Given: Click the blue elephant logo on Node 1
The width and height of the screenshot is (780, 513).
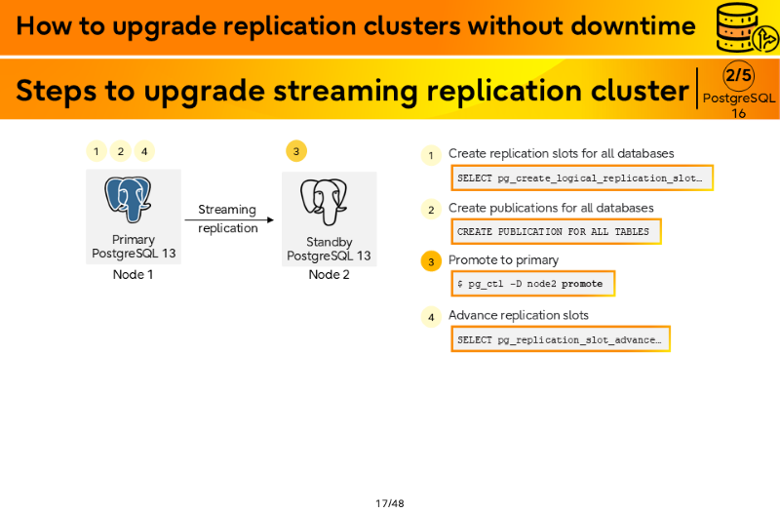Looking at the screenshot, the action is tap(128, 199).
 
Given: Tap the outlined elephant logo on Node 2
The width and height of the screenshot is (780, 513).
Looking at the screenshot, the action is tap(324, 202).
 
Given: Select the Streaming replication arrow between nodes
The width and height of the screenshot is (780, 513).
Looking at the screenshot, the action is tap(229, 219).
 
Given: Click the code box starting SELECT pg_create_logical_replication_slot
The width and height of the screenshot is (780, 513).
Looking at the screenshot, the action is tap(582, 178).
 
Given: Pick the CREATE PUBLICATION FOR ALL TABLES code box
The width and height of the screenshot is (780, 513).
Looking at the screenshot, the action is tap(556, 232).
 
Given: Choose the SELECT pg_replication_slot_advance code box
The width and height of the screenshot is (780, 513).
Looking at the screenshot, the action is tap(561, 339).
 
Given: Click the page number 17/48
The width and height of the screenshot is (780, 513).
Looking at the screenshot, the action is tap(390, 503).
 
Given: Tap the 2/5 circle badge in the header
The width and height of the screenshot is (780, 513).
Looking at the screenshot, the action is tap(738, 76).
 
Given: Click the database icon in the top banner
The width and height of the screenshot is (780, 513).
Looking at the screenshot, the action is tap(746, 28).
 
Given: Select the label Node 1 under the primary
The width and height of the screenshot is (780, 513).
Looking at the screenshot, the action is tap(133, 275).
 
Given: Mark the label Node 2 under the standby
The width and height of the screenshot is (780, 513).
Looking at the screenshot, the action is tap(329, 275).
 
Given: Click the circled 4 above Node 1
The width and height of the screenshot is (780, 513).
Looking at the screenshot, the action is tap(144, 151).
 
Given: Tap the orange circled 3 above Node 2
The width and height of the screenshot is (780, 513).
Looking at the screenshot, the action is tap(296, 151).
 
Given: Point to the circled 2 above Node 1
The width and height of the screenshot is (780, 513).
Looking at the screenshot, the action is tap(120, 151).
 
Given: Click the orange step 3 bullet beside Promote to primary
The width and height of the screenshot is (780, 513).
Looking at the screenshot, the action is tap(431, 261).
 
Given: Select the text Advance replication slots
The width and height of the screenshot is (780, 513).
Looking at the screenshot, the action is tap(519, 315).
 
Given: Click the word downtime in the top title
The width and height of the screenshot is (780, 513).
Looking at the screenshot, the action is tap(633, 25).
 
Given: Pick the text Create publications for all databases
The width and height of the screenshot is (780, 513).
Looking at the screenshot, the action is tap(551, 208).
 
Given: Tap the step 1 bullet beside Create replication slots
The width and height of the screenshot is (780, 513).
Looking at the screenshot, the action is tap(431, 155).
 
